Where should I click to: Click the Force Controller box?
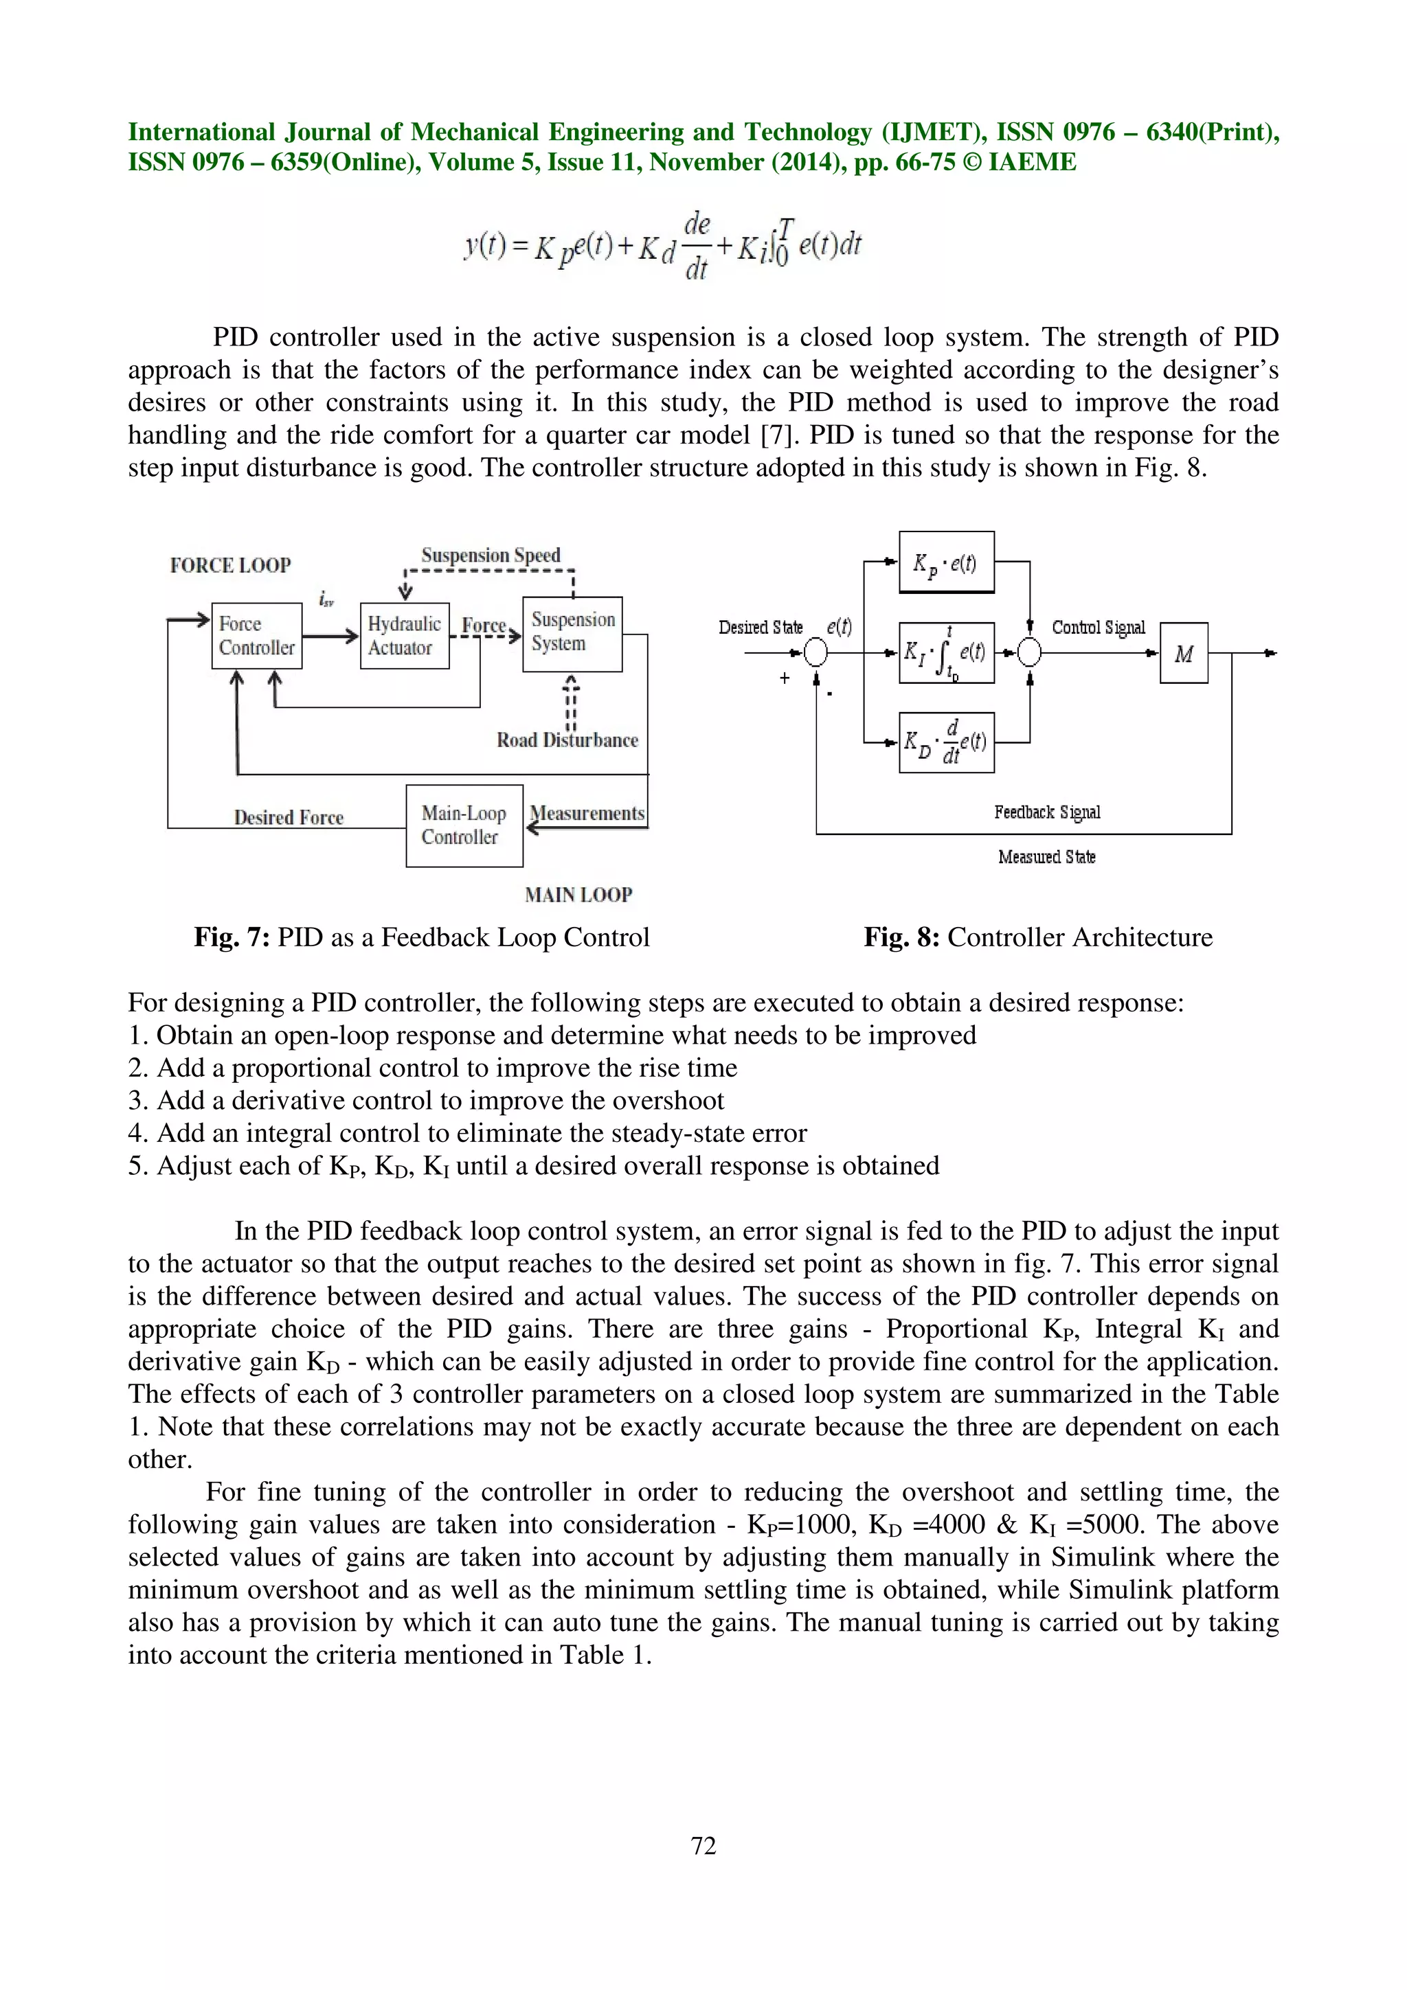(257, 635)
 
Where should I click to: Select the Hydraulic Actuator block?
(404, 635)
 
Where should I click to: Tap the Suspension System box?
(572, 634)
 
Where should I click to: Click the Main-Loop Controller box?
(464, 825)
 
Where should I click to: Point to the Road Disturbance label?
(567, 740)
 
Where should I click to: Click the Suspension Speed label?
(491, 555)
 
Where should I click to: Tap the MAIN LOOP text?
(578, 895)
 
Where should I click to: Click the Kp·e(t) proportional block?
(946, 562)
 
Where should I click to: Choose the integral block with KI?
(946, 652)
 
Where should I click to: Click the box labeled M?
(1183, 654)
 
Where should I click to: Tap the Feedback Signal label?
(1047, 812)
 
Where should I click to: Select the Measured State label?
(1046, 857)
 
